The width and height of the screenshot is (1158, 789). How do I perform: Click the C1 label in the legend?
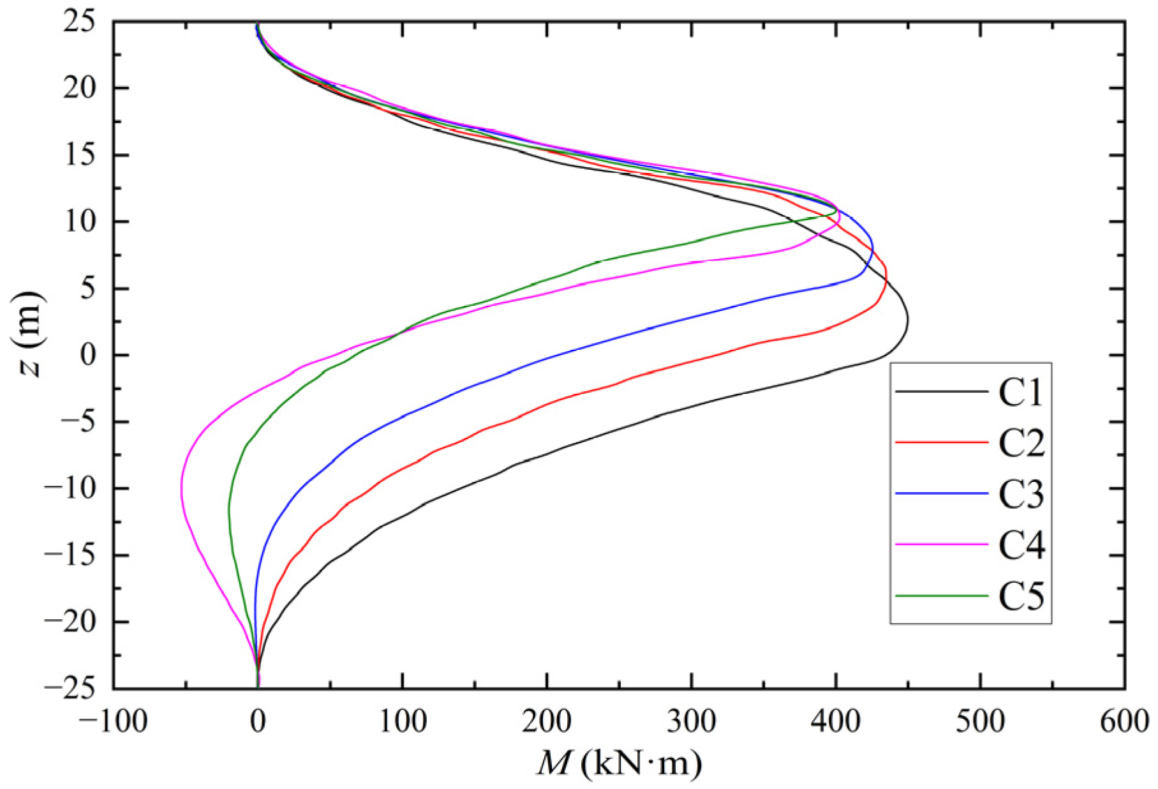click(x=1020, y=391)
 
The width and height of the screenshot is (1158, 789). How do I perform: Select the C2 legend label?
click(x=1020, y=442)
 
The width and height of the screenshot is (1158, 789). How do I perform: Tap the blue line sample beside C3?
click(x=941, y=493)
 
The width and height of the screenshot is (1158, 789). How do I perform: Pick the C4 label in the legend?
click(x=1020, y=545)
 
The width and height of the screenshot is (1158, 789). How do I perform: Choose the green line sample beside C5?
click(x=941, y=596)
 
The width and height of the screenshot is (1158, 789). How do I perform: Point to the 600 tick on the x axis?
click(x=1124, y=721)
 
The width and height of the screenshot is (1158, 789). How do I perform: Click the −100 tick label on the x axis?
click(x=113, y=721)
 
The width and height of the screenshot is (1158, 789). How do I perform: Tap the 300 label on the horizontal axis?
click(x=691, y=721)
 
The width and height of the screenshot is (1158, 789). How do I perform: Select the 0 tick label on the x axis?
click(x=258, y=721)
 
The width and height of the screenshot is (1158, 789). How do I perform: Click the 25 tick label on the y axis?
click(x=80, y=22)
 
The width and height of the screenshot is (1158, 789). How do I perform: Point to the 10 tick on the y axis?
click(x=80, y=222)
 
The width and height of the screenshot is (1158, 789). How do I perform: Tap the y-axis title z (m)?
click(x=29, y=334)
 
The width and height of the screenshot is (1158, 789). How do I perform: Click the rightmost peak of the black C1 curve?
click(x=907, y=322)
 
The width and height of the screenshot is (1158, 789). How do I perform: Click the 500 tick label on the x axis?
click(x=980, y=721)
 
